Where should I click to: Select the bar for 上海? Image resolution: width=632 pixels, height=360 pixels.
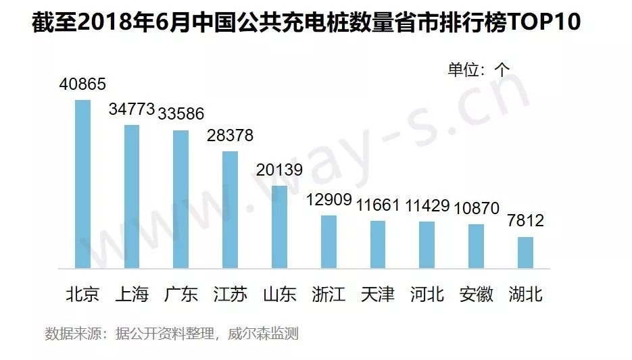pyautogui.click(x=132, y=196)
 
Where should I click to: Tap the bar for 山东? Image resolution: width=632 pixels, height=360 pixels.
pyautogui.click(x=279, y=226)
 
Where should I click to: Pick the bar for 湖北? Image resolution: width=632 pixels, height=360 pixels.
pyautogui.click(x=525, y=252)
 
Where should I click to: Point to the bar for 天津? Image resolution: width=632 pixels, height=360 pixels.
pyautogui.click(x=378, y=244)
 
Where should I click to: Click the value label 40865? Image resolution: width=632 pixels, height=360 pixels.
pyautogui.click(x=82, y=85)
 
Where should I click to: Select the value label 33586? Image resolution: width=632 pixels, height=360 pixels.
pyautogui.click(x=180, y=114)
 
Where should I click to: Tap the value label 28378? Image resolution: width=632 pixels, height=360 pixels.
pyautogui.click(x=230, y=136)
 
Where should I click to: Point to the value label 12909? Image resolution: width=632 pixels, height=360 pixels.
pyautogui.click(x=329, y=201)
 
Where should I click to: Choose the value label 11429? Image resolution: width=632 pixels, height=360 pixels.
pyautogui.click(x=427, y=206)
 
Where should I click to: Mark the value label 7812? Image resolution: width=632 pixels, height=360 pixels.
pyautogui.click(x=525, y=221)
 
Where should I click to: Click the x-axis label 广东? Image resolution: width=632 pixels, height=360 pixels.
pyautogui.click(x=181, y=294)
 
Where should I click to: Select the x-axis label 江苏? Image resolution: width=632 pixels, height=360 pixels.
pyautogui.click(x=230, y=294)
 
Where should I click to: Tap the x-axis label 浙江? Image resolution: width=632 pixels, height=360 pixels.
pyautogui.click(x=329, y=294)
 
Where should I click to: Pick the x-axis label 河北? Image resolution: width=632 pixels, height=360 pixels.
pyautogui.click(x=427, y=294)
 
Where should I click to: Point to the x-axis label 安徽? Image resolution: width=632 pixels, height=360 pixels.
pyautogui.click(x=476, y=294)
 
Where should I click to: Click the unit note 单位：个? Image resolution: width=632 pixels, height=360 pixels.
pyautogui.click(x=479, y=69)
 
